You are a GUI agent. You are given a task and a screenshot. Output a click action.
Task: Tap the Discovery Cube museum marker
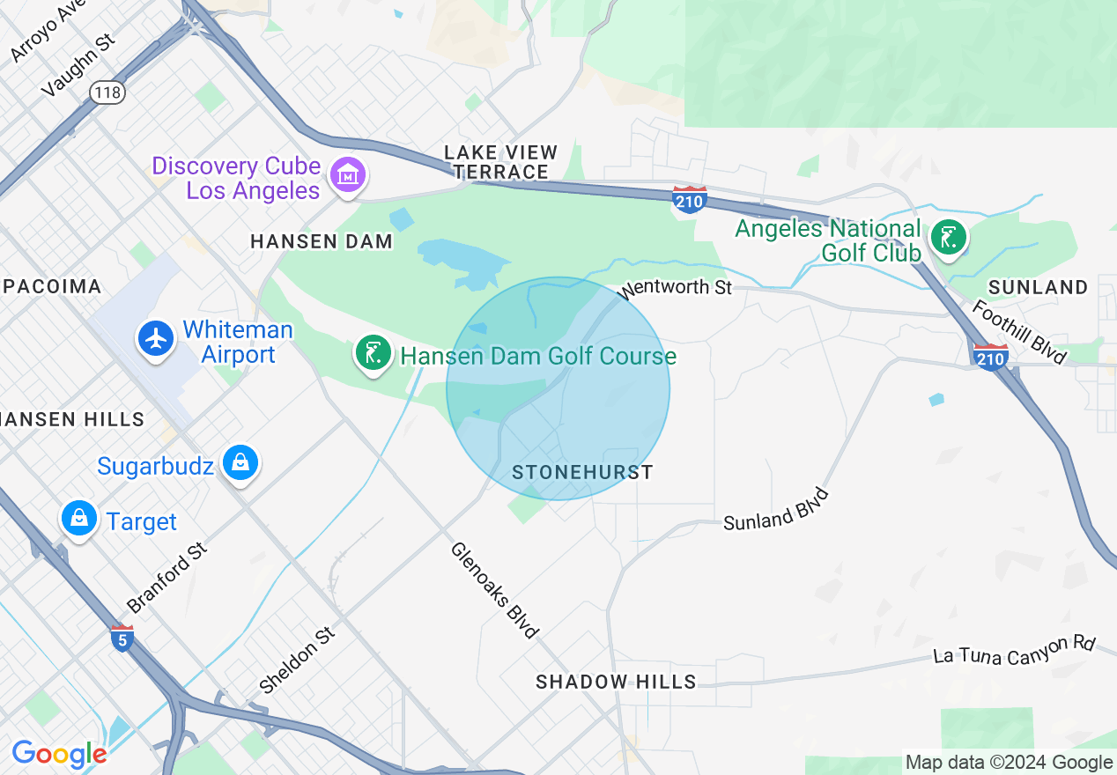(x=347, y=174)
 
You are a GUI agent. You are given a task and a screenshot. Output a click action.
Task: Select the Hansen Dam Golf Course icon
(x=373, y=352)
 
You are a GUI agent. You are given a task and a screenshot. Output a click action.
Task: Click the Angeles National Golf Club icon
(x=949, y=237)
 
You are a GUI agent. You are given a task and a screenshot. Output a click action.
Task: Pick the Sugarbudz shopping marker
(x=240, y=461)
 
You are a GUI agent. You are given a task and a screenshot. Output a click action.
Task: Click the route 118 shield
(x=107, y=91)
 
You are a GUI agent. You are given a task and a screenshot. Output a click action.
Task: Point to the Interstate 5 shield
(x=123, y=638)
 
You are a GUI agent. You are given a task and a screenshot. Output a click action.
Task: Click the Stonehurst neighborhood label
(x=582, y=473)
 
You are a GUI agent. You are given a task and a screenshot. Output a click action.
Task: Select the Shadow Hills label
(x=616, y=682)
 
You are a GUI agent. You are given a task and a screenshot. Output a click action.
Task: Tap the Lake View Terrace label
(x=496, y=162)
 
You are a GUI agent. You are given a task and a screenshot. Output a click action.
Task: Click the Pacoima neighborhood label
(x=51, y=286)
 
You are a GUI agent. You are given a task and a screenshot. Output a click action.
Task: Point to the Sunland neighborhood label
(x=1038, y=287)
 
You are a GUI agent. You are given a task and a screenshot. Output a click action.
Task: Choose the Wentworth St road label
(x=677, y=287)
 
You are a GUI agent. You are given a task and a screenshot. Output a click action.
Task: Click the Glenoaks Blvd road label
(x=494, y=589)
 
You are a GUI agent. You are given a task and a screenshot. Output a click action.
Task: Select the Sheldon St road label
(x=298, y=659)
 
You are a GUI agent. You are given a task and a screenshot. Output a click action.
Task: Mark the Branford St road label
(x=166, y=578)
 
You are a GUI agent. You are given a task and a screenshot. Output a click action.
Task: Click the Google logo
(x=59, y=754)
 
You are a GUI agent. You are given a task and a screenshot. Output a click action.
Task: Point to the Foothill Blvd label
(x=1020, y=332)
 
